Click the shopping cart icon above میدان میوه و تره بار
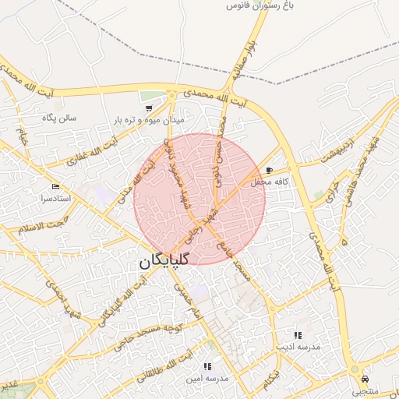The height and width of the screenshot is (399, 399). coord(148,108)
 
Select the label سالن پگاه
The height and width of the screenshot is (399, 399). coord(58,118)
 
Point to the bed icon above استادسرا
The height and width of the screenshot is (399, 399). coord(55,187)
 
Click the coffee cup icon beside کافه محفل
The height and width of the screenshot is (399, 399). coord(270,170)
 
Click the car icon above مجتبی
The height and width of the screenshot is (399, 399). coord(364,379)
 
